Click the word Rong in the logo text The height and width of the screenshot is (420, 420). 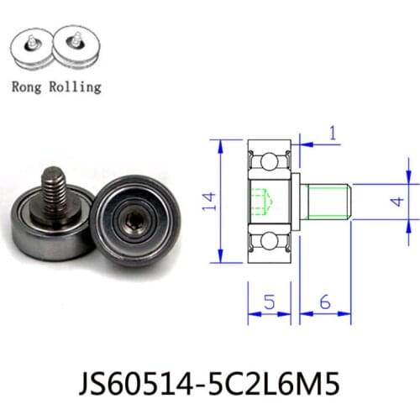[x=31, y=86]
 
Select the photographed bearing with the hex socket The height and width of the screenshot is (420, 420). [x=134, y=224]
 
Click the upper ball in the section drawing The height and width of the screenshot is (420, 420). [x=270, y=160]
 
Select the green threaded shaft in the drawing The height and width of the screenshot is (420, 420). [x=328, y=201]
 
